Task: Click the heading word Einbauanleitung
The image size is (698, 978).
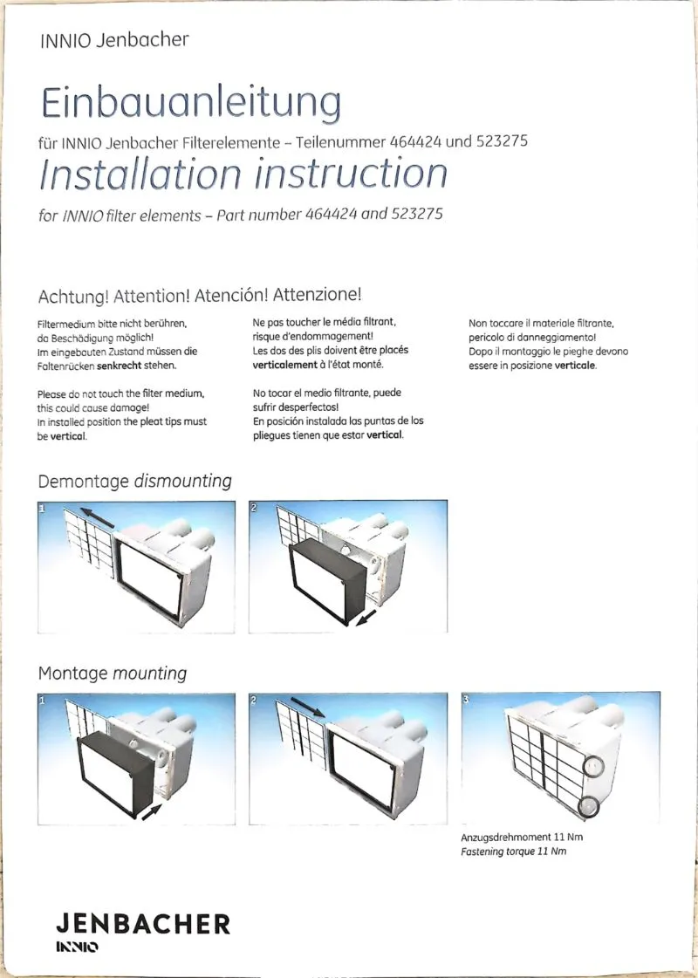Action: coord(190,102)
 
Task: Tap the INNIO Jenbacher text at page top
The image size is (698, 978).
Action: coord(113,39)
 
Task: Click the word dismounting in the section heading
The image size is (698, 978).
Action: coord(182,481)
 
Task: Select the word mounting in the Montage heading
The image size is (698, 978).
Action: coord(149,674)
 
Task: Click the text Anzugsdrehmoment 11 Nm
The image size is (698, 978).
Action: coord(522,837)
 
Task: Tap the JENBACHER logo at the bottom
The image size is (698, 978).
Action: coord(143,924)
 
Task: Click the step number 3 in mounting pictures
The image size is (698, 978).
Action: coord(466,700)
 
